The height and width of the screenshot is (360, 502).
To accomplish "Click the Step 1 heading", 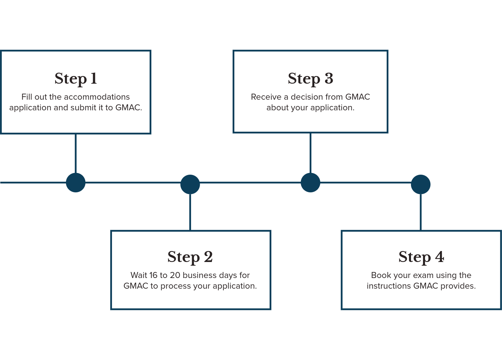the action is [76, 79].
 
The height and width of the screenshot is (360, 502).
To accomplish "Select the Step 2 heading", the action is [190, 257].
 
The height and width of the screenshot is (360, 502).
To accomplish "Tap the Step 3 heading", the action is [310, 79].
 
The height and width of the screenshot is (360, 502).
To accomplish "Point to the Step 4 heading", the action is [421, 257].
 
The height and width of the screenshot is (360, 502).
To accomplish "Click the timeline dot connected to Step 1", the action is [76, 182].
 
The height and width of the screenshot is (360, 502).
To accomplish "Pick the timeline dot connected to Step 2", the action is [190, 184].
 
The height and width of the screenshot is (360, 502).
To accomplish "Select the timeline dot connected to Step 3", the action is [310, 182].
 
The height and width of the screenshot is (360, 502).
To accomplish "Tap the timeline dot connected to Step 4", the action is [421, 184].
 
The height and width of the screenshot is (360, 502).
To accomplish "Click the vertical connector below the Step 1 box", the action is [76, 154].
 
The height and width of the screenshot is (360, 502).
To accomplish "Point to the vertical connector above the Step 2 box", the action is [190, 212].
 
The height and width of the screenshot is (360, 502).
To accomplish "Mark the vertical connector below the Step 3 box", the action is [310, 153].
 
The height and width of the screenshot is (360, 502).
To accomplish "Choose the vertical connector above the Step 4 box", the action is [421, 212].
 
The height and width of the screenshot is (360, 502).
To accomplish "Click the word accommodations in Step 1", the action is [97, 97].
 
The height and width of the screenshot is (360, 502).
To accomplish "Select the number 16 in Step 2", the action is [153, 275].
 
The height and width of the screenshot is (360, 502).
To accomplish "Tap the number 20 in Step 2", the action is [175, 275].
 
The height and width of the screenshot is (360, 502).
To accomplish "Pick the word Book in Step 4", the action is [379, 275].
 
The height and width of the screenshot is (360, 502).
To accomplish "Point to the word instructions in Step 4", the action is [389, 286].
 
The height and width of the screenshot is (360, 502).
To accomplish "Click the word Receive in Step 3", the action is [266, 97].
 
